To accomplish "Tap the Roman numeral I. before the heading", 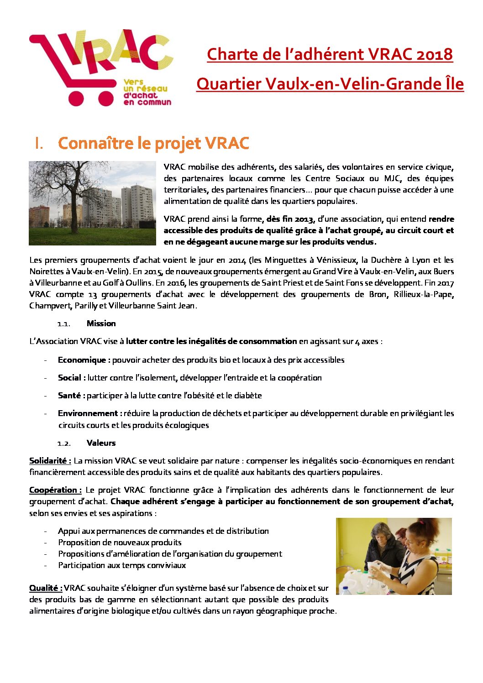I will [x=39, y=143].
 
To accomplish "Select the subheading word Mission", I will [x=101, y=323].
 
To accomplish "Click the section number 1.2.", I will [x=64, y=443].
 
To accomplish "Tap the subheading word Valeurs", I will [x=101, y=443].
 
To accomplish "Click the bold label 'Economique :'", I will [x=84, y=360].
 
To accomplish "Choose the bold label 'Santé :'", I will [x=71, y=396].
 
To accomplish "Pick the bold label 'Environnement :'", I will [x=89, y=413].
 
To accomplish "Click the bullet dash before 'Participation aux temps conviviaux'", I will [x=46, y=566].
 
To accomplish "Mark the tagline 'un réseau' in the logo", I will [x=145, y=89].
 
